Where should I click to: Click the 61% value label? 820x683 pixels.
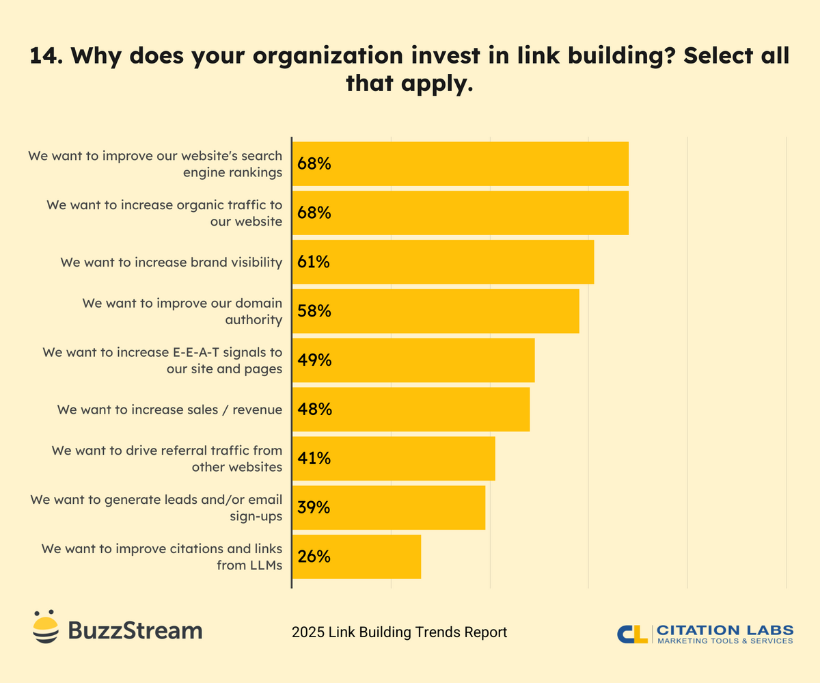coord(314,262)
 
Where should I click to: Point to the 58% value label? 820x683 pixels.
coord(314,311)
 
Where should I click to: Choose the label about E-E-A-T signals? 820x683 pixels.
coord(163,360)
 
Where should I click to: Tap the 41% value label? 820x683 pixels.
coord(314,459)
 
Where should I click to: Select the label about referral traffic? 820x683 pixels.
coord(167,459)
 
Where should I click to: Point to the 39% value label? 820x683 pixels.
coord(314,507)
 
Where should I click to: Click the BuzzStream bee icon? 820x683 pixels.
coord(46,626)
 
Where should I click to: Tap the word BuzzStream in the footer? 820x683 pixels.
coord(135,630)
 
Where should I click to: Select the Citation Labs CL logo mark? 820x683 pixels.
coord(632,633)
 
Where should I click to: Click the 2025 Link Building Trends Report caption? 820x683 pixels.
coord(399,632)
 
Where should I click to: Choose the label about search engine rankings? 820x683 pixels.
coord(156,164)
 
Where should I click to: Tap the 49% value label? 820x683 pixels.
coord(314,360)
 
